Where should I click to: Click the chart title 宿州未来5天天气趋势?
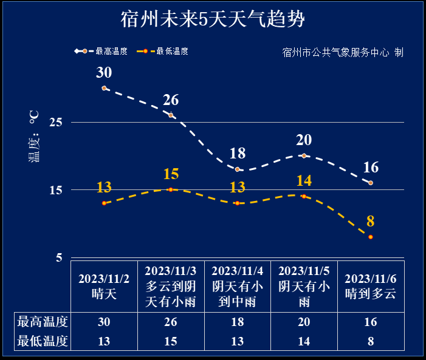tap(212, 19)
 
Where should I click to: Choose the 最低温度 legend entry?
tap(162, 52)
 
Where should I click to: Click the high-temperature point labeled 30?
tap(104, 88)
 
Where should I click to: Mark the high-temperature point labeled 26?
tap(171, 115)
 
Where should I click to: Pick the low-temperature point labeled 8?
tap(371, 237)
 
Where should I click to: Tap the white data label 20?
tap(304, 140)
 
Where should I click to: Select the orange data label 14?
tap(304, 180)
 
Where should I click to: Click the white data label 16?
tap(371, 168)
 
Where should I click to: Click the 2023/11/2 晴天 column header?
tap(104, 286)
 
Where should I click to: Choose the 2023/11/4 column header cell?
tap(237, 286)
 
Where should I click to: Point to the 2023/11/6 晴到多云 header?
tap(371, 286)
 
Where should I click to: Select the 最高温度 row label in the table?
tap(43, 322)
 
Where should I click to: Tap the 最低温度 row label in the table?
tap(43, 341)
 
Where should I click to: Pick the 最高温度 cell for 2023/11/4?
tap(237, 322)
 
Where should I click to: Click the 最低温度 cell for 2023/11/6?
tap(371, 341)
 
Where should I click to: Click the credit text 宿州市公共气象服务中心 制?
tap(343, 52)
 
